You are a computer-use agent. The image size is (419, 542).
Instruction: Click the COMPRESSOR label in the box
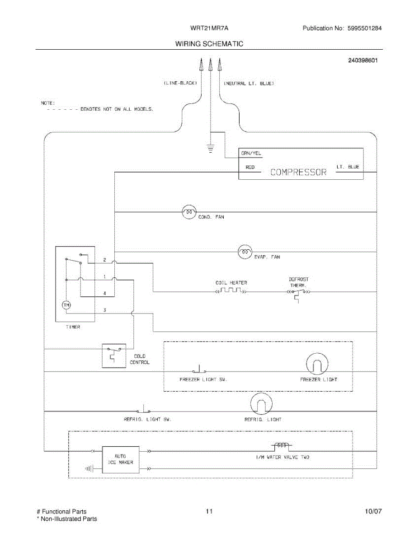(x=298, y=172)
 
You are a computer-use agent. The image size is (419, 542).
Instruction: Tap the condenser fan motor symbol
(x=189, y=211)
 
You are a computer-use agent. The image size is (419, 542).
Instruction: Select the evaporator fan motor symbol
(x=245, y=252)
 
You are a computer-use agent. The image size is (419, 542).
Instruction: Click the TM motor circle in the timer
(x=66, y=306)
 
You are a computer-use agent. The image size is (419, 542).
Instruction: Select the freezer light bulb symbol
(x=317, y=364)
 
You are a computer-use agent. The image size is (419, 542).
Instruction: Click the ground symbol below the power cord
(x=210, y=148)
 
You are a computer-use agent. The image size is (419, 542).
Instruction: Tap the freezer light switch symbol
(x=199, y=369)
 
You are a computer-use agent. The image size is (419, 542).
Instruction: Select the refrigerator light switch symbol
(x=144, y=410)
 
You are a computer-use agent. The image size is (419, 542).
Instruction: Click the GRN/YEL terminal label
(x=251, y=154)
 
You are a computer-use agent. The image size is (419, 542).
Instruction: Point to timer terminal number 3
(x=104, y=310)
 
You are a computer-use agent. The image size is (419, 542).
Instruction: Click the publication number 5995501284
(x=364, y=28)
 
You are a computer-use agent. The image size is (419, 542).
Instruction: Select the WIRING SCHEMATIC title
(x=209, y=44)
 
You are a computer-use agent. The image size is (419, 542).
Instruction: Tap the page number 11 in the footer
(x=209, y=512)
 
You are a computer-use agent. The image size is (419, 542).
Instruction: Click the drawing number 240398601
(x=363, y=60)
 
